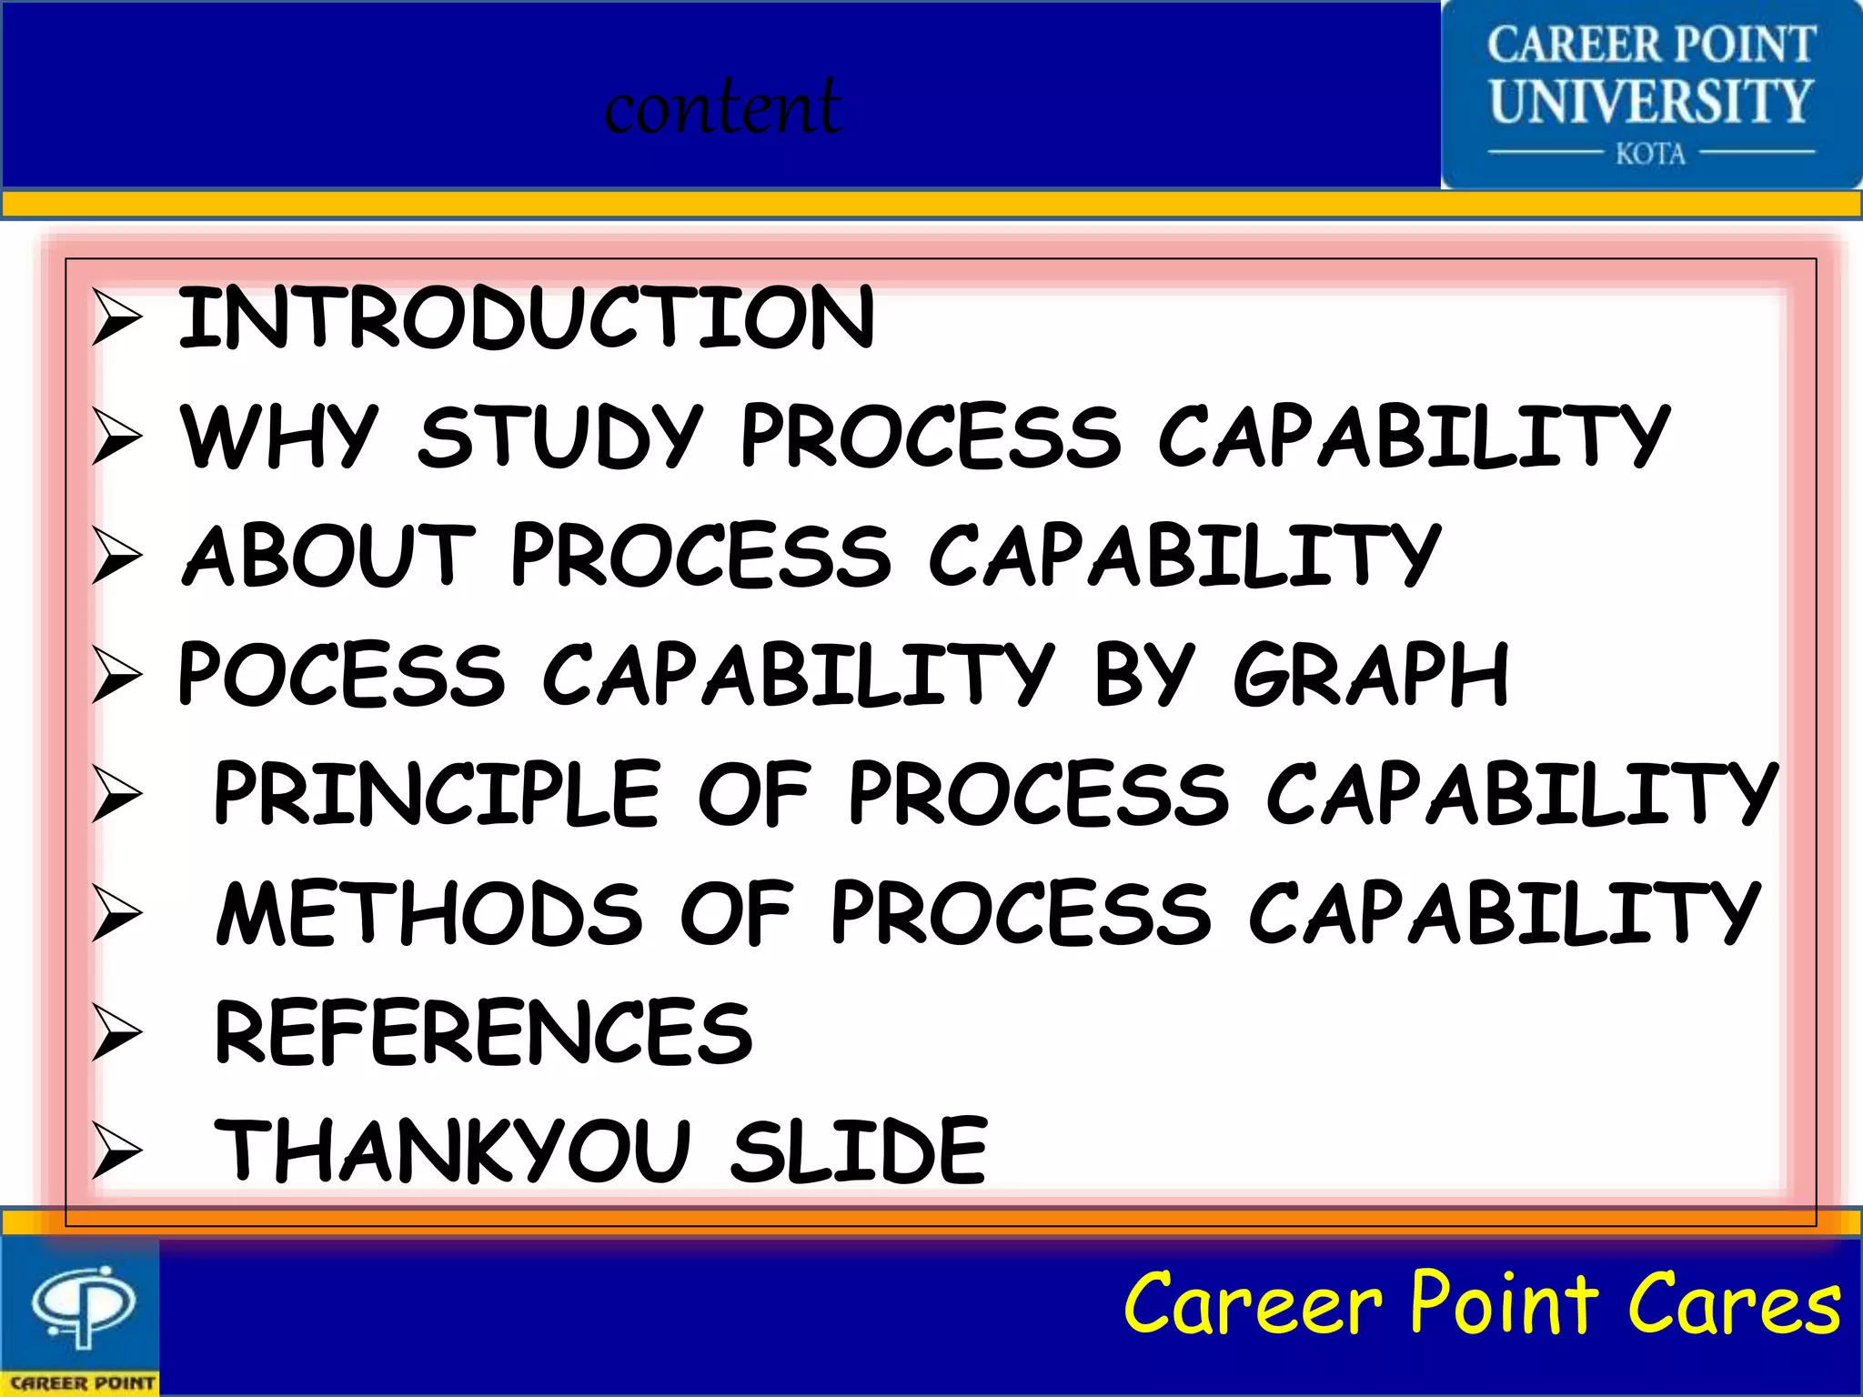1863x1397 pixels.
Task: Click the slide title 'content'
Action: (722, 107)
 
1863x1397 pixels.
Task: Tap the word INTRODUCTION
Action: (526, 317)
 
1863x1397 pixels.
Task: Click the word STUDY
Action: (560, 437)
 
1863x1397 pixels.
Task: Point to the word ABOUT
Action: (329, 555)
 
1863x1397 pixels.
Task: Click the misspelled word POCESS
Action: (341, 674)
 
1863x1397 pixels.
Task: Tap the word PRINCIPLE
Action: (437, 793)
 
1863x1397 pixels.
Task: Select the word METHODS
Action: (429, 912)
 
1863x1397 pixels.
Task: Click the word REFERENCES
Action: (483, 1031)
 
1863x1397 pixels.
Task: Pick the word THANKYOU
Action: (452, 1151)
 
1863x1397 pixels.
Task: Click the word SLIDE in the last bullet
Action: (859, 1151)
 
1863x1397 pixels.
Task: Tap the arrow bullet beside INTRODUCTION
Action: (117, 317)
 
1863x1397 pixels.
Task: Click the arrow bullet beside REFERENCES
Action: (117, 1033)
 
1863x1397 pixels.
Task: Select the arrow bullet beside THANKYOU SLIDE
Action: (117, 1152)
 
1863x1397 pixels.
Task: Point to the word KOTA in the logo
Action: (1650, 153)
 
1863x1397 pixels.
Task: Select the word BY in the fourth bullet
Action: (1142, 674)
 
